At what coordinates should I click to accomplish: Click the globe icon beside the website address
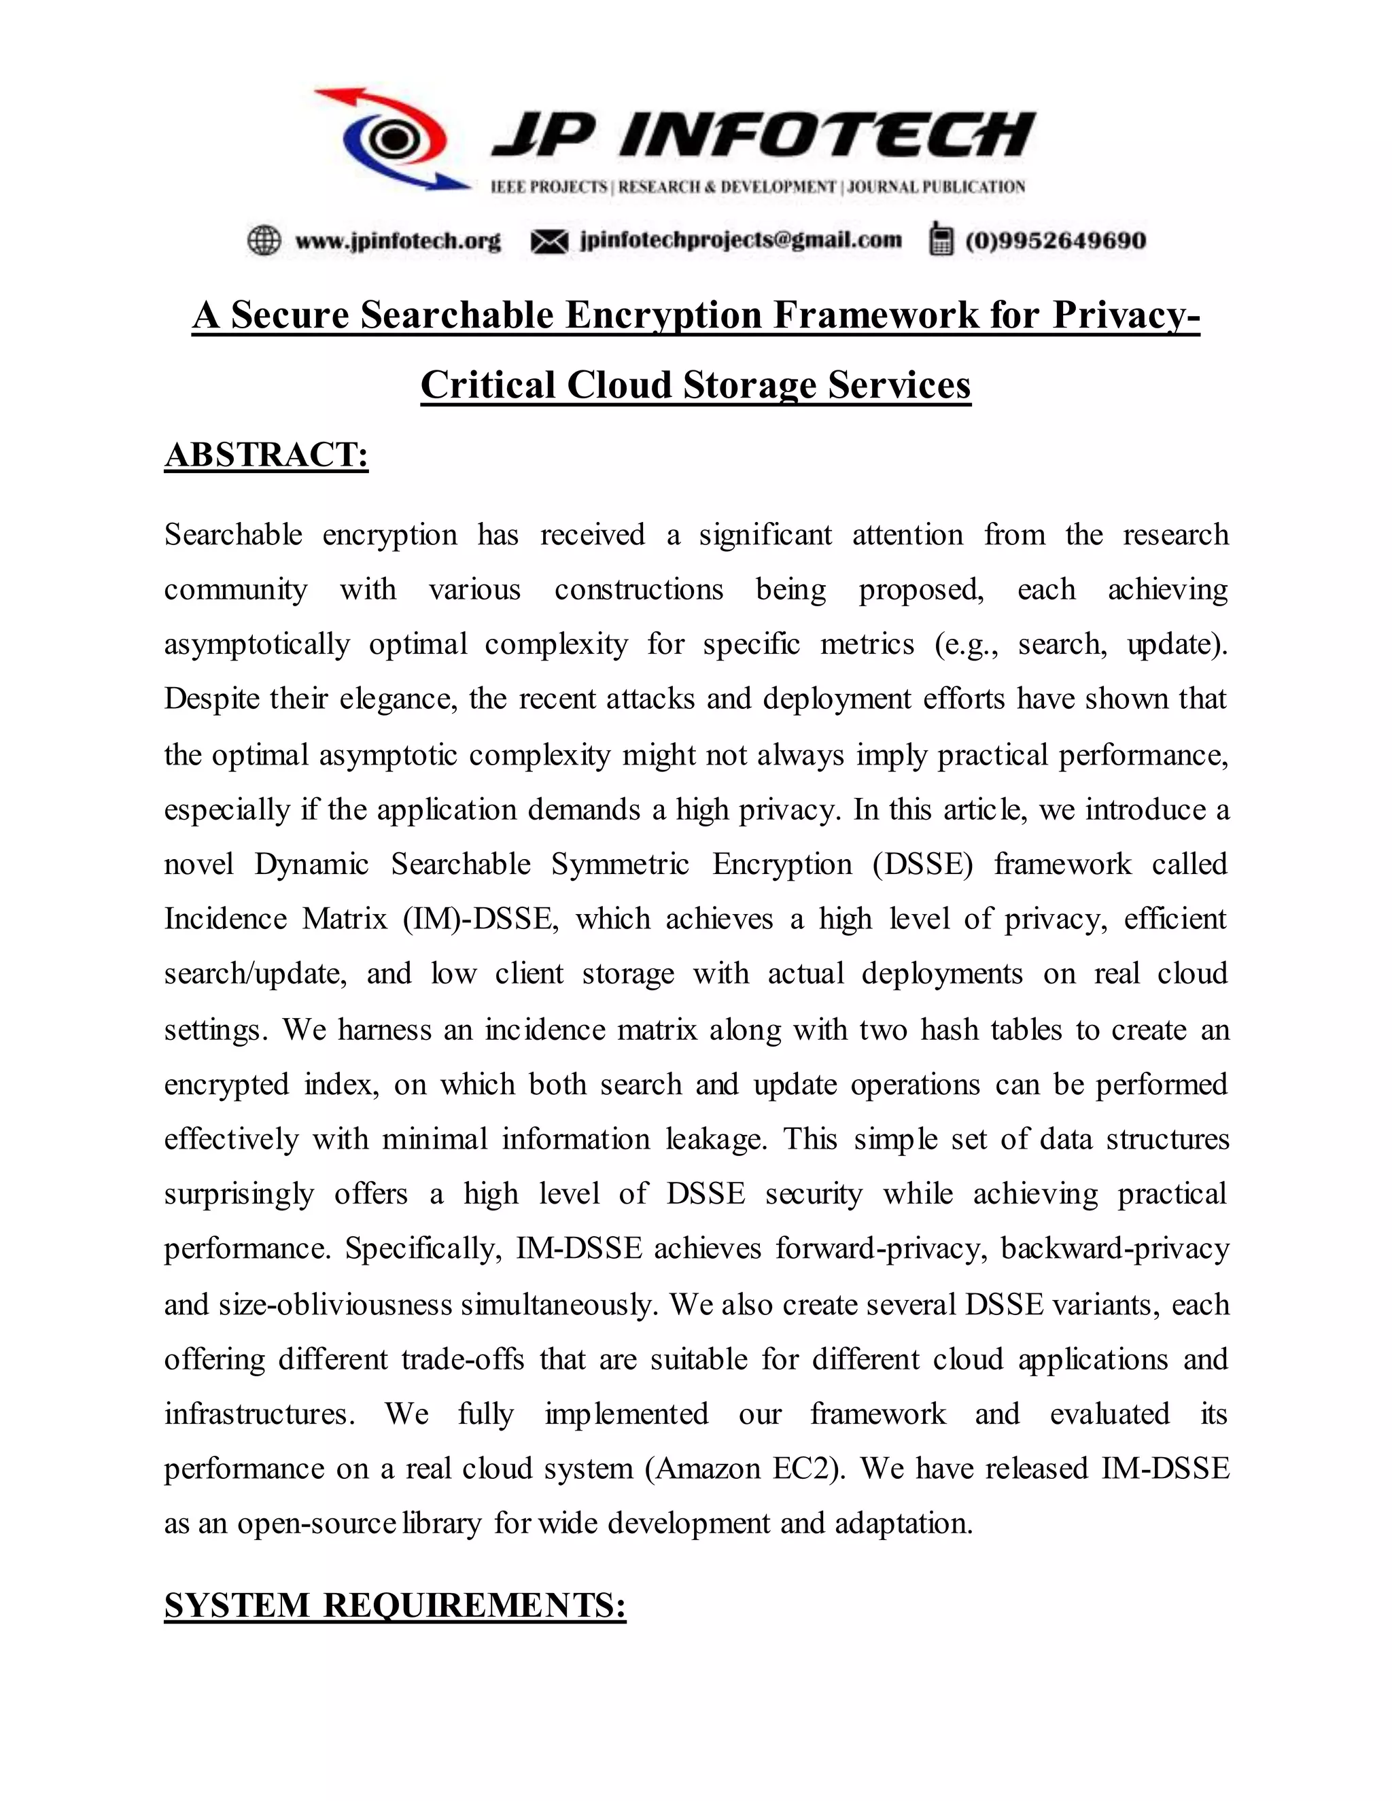coord(264,240)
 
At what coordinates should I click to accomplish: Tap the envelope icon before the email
coord(549,241)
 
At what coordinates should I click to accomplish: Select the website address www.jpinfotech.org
coord(398,241)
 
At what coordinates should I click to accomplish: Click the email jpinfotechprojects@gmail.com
coord(741,240)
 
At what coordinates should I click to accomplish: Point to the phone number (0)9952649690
coord(1056,241)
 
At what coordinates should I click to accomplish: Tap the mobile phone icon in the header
coord(939,239)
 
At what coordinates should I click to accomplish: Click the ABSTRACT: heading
coord(266,455)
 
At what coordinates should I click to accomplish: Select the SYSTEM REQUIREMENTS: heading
coord(395,1605)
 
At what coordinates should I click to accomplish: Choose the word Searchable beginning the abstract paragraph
coord(233,534)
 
